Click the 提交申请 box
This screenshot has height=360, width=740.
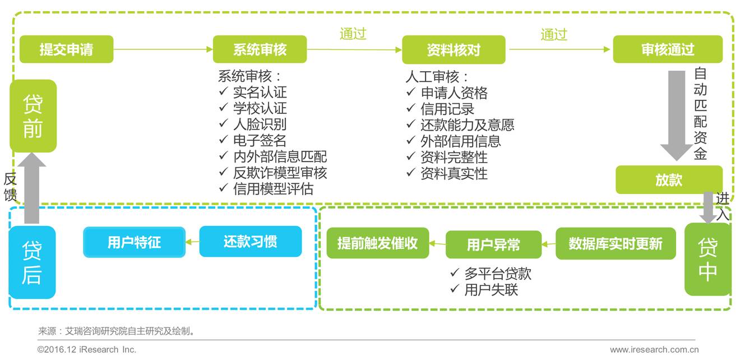click(66, 49)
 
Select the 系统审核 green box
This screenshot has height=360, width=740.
click(260, 49)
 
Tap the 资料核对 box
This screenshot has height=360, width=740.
click(454, 49)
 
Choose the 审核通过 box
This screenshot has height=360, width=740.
click(667, 49)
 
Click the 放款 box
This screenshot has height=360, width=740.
click(669, 179)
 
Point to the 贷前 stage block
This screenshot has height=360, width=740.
click(33, 116)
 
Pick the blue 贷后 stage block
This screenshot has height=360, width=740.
click(32, 262)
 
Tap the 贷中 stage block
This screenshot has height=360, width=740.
click(707, 259)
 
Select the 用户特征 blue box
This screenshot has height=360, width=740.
click(134, 242)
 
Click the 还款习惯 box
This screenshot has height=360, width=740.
click(250, 242)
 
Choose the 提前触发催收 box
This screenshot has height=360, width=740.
click(377, 243)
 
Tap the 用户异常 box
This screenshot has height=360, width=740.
click(493, 244)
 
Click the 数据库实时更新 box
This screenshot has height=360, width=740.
click(616, 243)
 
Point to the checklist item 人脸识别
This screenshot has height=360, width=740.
click(260, 124)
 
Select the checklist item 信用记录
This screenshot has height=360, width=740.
click(447, 109)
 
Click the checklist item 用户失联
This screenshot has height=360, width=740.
click(491, 289)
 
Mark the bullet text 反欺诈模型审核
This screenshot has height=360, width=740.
click(280, 173)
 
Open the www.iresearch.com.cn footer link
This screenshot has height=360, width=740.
click(654, 350)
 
